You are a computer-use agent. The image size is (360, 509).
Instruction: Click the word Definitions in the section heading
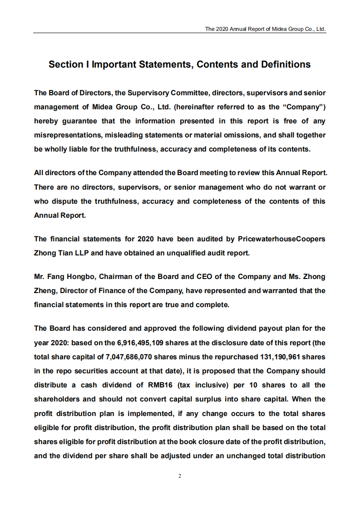pyautogui.click(x=286, y=64)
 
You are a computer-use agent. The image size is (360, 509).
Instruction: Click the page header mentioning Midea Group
pyautogui.click(x=265, y=29)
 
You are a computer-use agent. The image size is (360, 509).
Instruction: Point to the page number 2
pyautogui.click(x=180, y=476)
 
